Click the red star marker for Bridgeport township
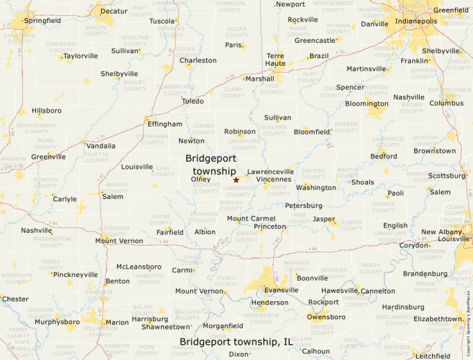pos(236,180)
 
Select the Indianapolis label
pos(416,21)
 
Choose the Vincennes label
pos(274,179)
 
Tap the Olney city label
pos(201,179)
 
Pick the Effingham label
pos(165,124)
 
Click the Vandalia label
pos(101,146)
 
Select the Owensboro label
pos(326,316)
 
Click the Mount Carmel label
pos(251,218)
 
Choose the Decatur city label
pos(114,12)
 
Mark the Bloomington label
pos(367,104)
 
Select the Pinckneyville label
pos(76,274)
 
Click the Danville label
pos(375,24)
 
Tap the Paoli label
pos(396,193)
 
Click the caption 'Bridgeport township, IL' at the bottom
pos(236,341)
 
